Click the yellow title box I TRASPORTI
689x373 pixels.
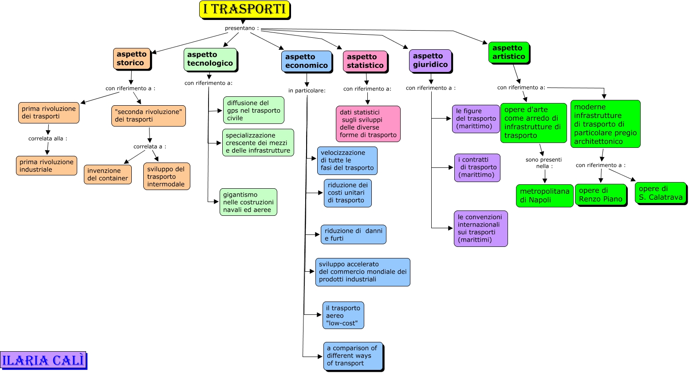244,9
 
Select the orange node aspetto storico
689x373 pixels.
132,59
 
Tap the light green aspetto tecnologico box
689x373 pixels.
210,59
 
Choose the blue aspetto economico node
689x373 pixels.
306,61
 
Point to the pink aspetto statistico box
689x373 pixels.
365,61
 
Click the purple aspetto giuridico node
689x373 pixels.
430,60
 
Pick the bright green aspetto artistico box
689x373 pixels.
508,52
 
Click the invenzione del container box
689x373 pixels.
107,175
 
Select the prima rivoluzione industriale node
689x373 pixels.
47,166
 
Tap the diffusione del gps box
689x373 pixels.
253,110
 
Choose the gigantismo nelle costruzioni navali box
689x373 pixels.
248,202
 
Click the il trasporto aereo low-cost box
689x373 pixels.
343,315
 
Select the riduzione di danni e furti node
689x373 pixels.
353,234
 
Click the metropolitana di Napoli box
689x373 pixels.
544,196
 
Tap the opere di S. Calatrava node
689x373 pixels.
660,193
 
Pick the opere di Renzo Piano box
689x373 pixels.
600,195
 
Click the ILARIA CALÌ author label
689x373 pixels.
43,360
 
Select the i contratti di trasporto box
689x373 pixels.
477,167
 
